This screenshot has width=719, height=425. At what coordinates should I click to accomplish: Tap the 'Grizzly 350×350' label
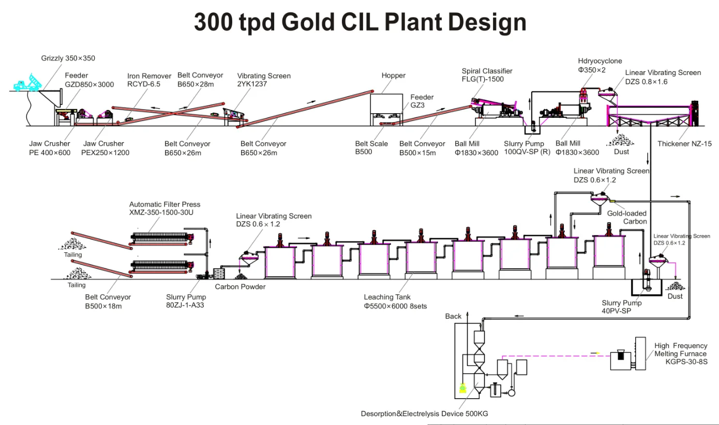coord(68,58)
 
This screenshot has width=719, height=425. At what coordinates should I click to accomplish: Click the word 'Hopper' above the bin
coord(394,75)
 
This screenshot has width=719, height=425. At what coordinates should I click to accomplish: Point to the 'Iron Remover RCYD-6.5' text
coord(149,80)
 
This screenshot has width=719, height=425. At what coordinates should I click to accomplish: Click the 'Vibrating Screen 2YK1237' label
coord(263,80)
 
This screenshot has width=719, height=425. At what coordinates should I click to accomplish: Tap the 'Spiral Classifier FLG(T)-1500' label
coord(487,75)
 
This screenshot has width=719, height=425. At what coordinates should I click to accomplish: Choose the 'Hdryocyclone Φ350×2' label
coord(600,65)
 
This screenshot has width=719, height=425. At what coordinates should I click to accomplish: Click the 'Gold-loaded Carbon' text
coord(626,217)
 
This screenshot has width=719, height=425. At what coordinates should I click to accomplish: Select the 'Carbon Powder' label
coord(240,287)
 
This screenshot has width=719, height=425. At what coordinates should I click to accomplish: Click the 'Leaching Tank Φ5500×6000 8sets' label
coord(395,301)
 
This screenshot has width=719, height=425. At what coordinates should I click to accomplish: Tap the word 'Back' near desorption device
coord(453,316)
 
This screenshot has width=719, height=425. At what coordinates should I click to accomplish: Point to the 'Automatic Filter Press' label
coord(164,208)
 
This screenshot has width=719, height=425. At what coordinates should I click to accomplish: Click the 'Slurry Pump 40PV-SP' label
coord(621,307)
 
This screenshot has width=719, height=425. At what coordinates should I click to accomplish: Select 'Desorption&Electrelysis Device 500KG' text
coord(424,414)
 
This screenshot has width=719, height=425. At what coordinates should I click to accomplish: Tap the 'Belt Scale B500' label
coord(371,148)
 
